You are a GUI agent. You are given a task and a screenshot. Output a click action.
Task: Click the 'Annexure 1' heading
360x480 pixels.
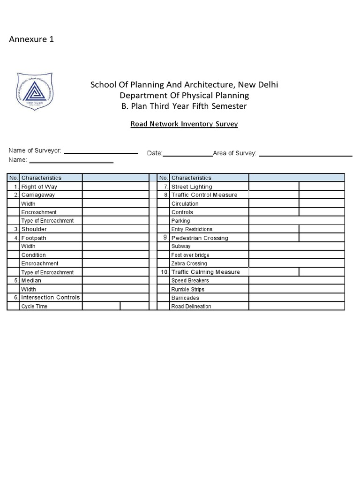(x=31, y=39)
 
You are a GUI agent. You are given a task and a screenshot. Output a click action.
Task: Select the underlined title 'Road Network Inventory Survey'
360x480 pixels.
(x=184, y=124)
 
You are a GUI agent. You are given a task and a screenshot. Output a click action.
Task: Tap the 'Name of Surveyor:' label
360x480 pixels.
(x=35, y=150)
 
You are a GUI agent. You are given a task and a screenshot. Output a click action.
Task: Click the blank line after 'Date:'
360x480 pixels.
(x=187, y=153)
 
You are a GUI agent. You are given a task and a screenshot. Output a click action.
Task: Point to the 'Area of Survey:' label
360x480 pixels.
(x=234, y=153)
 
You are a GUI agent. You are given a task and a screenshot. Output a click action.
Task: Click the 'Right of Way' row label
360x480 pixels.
(x=39, y=187)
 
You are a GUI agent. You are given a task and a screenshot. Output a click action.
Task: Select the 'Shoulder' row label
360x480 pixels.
(x=34, y=229)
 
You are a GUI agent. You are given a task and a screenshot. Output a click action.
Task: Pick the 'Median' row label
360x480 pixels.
(x=31, y=280)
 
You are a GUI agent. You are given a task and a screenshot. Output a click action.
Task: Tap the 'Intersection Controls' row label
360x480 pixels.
(x=51, y=298)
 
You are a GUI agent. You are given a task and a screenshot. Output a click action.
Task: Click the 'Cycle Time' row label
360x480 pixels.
(x=34, y=307)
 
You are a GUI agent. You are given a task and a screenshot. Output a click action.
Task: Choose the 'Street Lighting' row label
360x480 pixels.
(x=192, y=187)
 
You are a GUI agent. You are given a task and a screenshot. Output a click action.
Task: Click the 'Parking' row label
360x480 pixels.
(x=181, y=221)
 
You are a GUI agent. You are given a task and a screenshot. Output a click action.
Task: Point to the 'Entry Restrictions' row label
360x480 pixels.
(x=192, y=229)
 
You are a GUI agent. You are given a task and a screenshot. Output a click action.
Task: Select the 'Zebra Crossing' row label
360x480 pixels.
(x=189, y=263)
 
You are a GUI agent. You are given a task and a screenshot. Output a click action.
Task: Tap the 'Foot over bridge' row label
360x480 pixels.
(x=190, y=255)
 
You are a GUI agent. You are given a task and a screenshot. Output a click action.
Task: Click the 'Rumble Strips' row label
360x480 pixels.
(x=187, y=289)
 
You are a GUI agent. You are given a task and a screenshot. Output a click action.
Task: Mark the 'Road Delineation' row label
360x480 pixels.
(x=191, y=307)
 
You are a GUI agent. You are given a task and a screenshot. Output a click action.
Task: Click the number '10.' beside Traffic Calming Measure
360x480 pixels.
(x=164, y=272)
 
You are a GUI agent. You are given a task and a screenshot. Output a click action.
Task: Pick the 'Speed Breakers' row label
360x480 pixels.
(x=190, y=281)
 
